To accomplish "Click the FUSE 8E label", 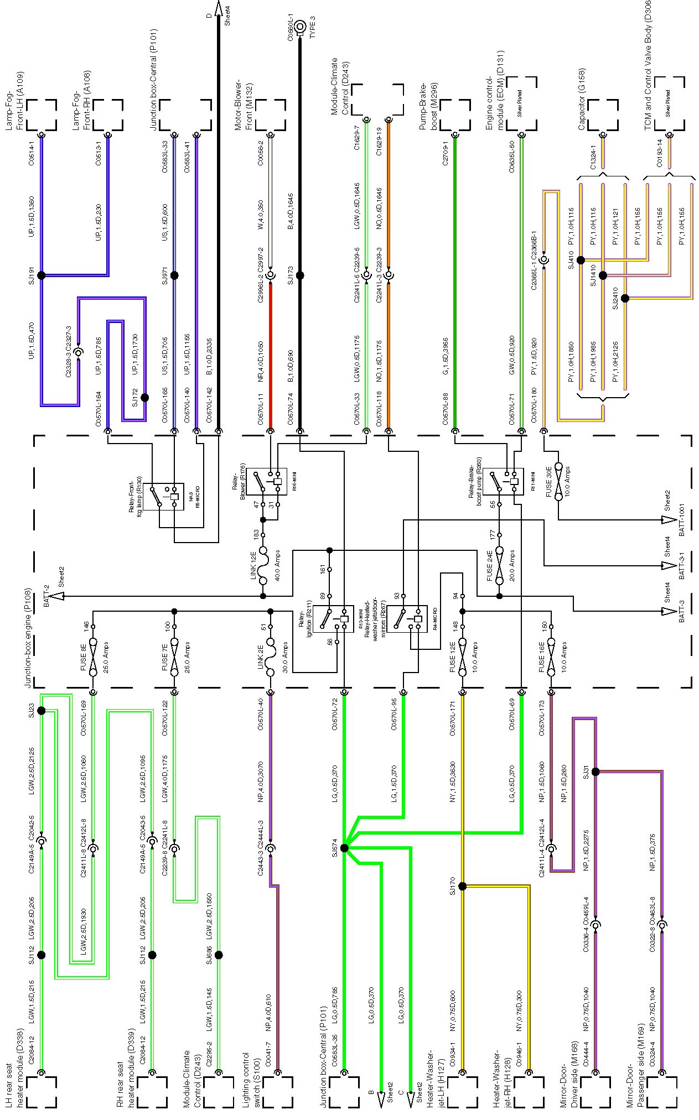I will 83,657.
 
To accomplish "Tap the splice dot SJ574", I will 344,848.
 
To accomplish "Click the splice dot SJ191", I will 41,275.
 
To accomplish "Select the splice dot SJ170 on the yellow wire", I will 463,886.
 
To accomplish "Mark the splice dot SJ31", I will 596,772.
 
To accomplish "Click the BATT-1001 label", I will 682,519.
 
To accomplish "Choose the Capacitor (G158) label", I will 582,100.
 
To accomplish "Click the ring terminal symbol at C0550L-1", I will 300,26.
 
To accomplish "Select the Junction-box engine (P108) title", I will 29,631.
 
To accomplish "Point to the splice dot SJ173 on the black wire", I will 300,275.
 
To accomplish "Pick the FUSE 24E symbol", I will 499,565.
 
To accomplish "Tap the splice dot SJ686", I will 219,955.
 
